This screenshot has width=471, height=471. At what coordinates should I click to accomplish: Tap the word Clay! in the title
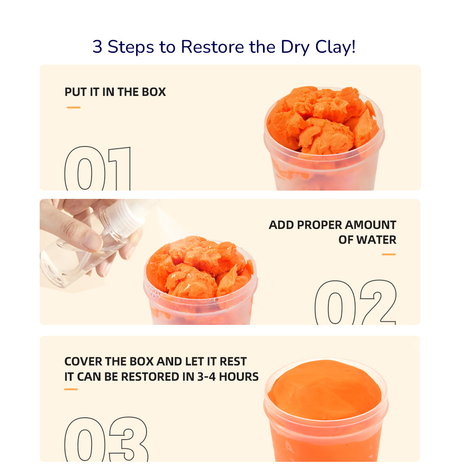[x=335, y=47]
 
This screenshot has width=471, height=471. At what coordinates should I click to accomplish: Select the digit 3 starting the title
[x=97, y=47]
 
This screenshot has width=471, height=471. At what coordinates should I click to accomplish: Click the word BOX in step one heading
[x=154, y=92]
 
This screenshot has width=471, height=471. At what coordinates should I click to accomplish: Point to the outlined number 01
[x=98, y=168]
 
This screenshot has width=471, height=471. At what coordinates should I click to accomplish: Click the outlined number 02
[x=356, y=302]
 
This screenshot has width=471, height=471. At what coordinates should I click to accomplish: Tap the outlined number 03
[x=106, y=439]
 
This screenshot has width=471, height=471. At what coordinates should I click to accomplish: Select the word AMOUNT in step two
[x=370, y=225]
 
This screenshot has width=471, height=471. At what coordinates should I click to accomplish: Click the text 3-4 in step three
[x=207, y=377]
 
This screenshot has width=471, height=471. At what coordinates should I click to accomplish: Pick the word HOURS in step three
[x=239, y=377]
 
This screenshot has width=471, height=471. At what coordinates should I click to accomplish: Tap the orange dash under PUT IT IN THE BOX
[x=74, y=107]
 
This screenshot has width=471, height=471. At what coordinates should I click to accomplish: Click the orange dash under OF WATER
[x=389, y=254]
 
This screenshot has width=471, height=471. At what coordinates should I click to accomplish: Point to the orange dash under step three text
[x=71, y=389]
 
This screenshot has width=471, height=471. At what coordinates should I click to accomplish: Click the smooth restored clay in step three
[x=325, y=389]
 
